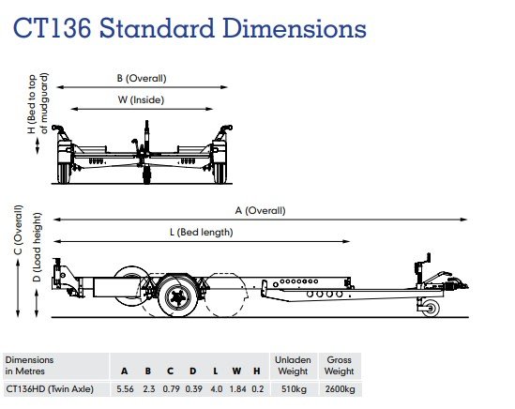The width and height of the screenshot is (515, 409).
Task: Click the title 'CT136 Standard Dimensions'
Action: [189, 28]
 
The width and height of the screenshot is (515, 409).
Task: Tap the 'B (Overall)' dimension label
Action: [142, 78]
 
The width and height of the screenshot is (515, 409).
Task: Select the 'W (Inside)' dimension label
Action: [141, 99]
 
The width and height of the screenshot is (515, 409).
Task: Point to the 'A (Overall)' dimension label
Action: [260, 210]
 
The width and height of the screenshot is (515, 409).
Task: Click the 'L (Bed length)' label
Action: [202, 233]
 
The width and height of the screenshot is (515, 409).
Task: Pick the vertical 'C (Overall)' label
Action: [18, 230]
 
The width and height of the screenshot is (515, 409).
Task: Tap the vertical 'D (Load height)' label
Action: [38, 247]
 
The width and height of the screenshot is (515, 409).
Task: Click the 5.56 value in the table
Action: [125, 389]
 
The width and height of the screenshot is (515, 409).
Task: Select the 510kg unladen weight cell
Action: [294, 389]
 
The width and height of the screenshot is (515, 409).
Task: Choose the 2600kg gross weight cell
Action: [340, 389]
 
